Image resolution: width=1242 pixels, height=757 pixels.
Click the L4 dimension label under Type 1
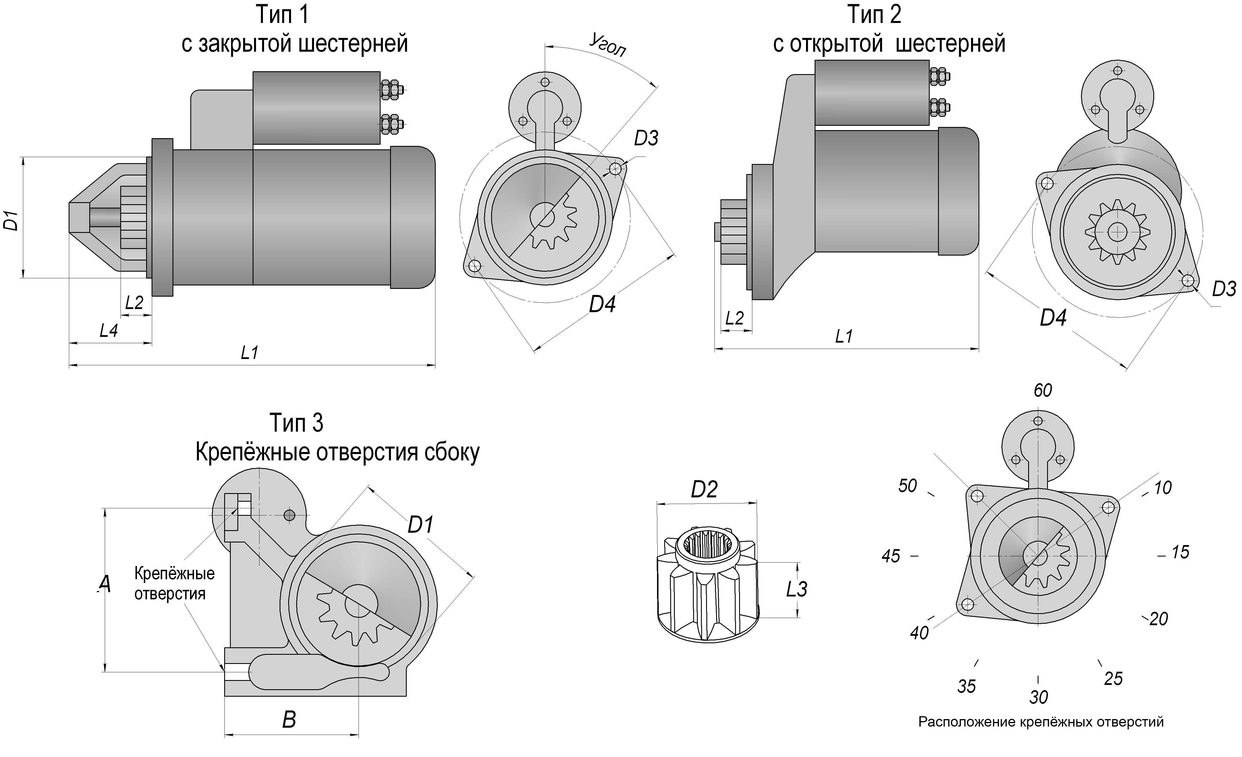108,331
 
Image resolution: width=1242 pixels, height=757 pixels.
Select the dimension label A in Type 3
104,584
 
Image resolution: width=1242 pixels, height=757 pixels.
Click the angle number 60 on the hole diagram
1043,390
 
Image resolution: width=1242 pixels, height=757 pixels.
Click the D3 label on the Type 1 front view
646,138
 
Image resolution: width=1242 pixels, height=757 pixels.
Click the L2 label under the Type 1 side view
134,303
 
